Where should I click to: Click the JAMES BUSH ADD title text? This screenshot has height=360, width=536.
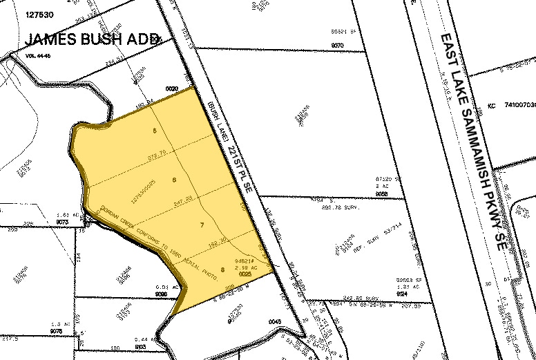[93, 39]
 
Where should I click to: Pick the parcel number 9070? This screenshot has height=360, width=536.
[337, 45]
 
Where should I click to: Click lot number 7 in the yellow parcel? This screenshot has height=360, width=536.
[202, 225]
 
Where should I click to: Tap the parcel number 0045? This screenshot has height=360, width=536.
[276, 321]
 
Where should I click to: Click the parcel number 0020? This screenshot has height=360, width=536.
[172, 88]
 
